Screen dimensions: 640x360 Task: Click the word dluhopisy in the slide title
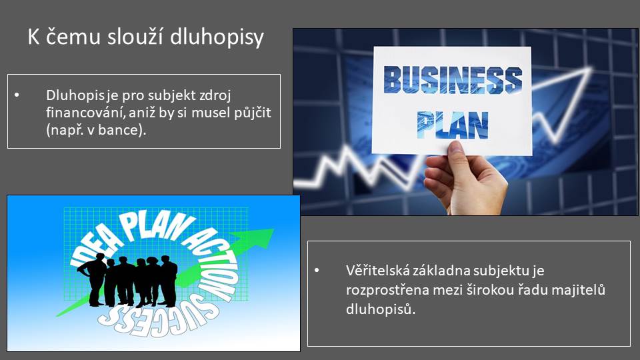click(x=217, y=37)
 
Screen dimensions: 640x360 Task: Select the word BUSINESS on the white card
click(x=453, y=79)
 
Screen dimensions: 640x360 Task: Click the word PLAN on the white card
click(x=453, y=125)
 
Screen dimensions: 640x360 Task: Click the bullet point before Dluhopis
click(x=17, y=95)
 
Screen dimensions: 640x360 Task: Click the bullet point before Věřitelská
click(x=317, y=270)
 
